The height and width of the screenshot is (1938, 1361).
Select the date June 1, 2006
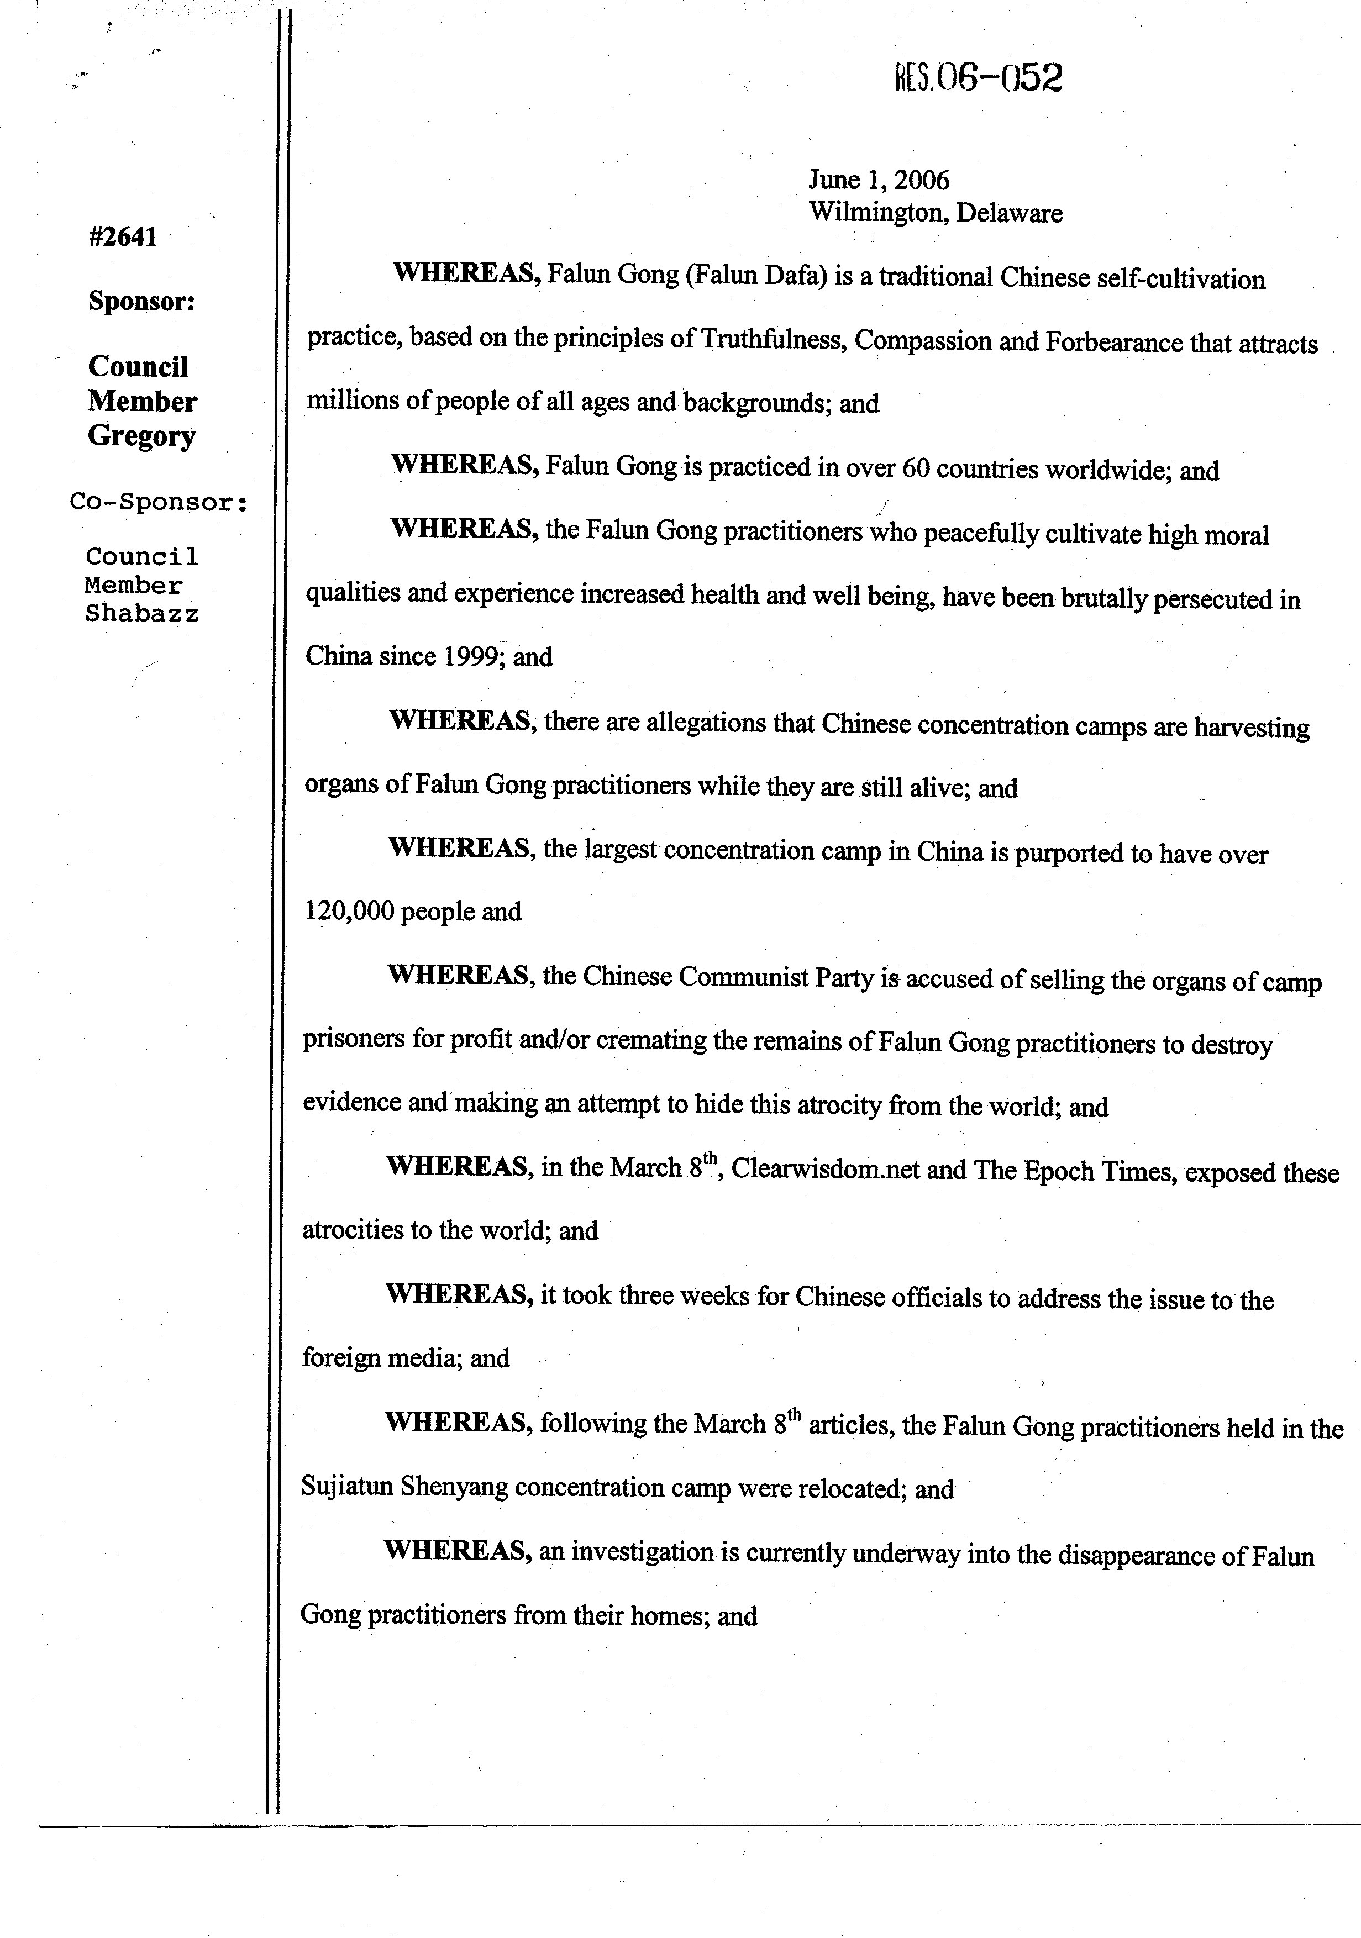[x=879, y=180]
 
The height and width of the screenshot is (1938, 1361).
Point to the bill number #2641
[x=123, y=237]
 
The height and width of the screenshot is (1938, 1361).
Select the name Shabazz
[x=142, y=614]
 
